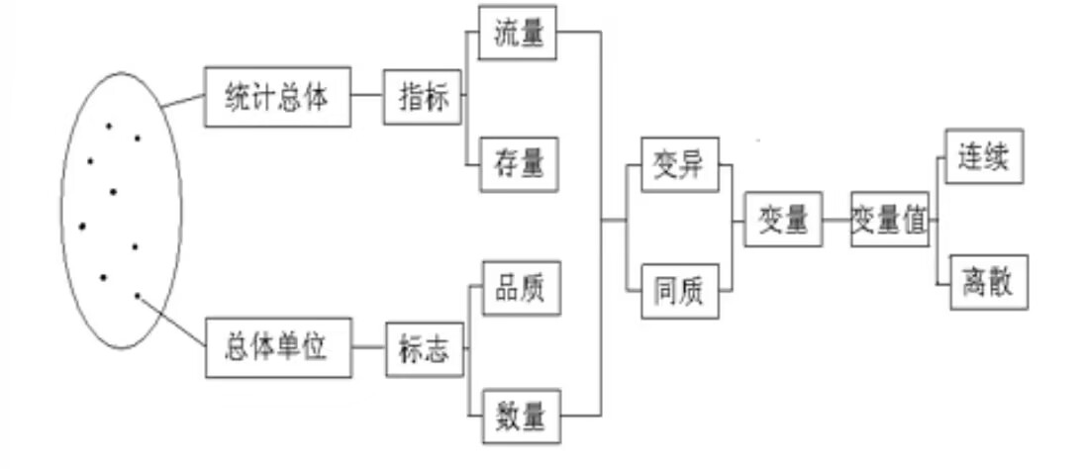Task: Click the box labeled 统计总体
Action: (x=277, y=98)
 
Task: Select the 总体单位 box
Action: (x=278, y=348)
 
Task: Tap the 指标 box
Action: (x=423, y=97)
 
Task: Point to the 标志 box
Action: (x=425, y=348)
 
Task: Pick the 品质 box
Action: (x=520, y=288)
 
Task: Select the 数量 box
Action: (x=520, y=417)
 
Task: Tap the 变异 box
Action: (x=679, y=164)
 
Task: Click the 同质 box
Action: (x=679, y=291)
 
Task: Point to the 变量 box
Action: (x=784, y=219)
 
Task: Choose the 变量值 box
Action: (x=890, y=219)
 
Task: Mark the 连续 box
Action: (x=984, y=156)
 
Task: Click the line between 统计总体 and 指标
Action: (x=367, y=97)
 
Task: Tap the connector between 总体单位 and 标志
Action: (x=368, y=348)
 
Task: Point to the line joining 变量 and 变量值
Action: (x=836, y=219)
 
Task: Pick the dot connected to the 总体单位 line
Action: (x=138, y=295)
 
